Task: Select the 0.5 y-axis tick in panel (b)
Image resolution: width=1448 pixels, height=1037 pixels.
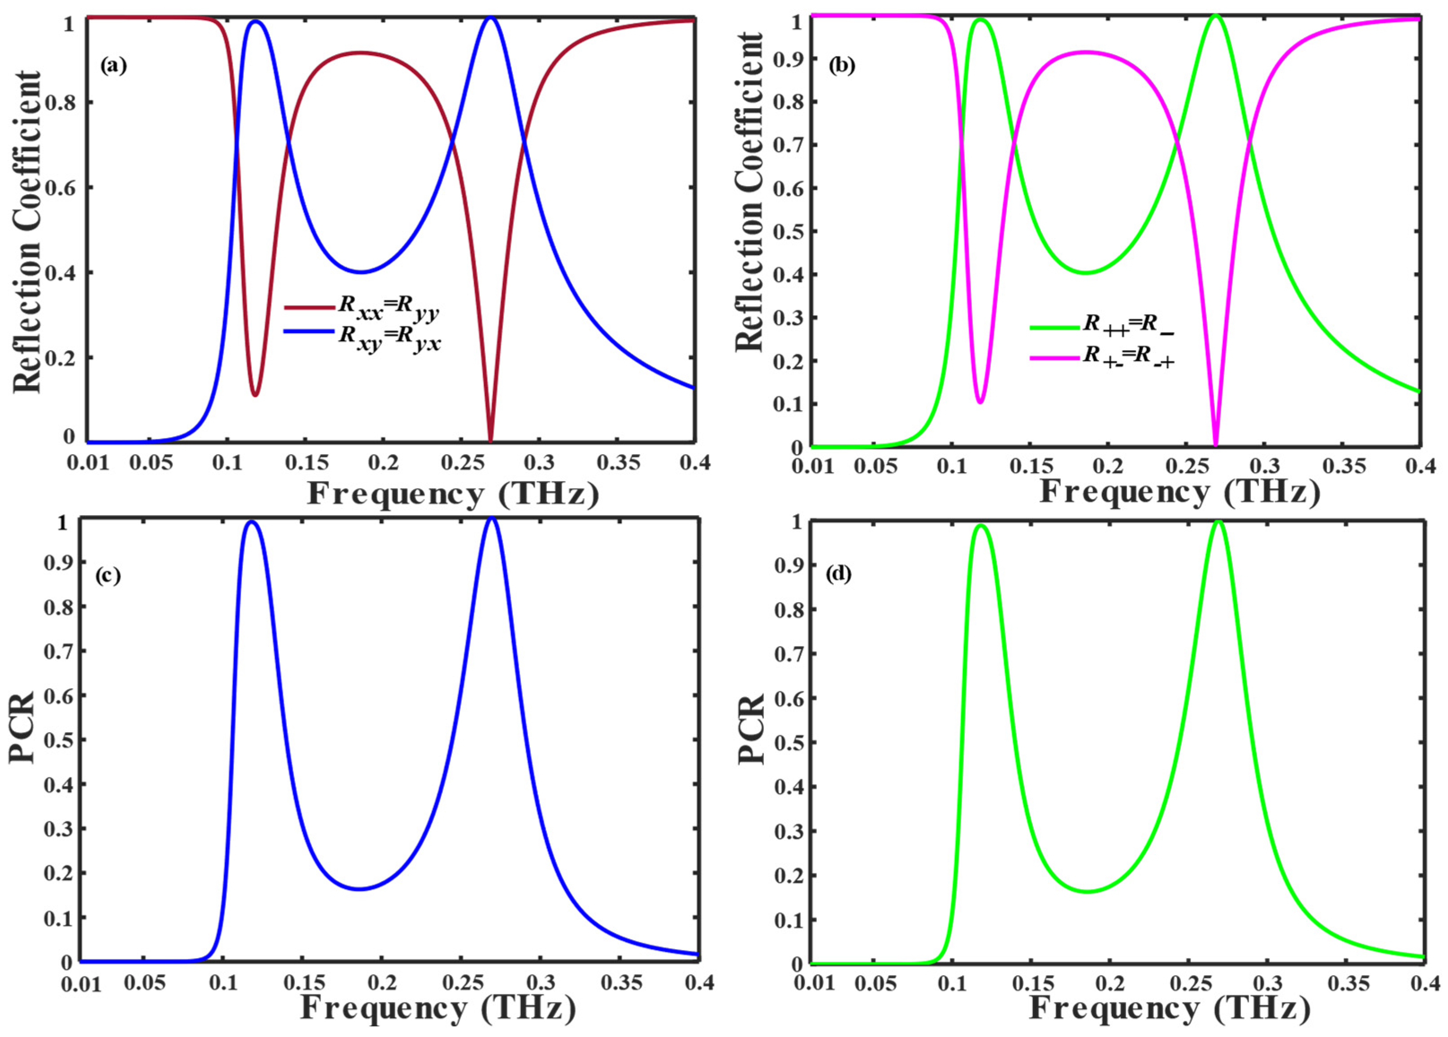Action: click(x=787, y=231)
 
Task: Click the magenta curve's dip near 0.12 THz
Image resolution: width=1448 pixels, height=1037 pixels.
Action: click(x=980, y=401)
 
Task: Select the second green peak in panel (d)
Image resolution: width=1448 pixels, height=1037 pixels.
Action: click(x=1218, y=522)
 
